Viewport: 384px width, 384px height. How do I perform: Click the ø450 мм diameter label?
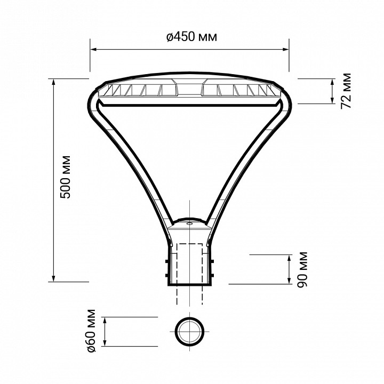point(191,37)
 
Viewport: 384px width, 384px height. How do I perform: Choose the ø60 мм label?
point(91,330)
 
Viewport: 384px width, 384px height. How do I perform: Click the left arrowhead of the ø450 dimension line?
point(93,50)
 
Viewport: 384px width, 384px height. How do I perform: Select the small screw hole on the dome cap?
point(189,225)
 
